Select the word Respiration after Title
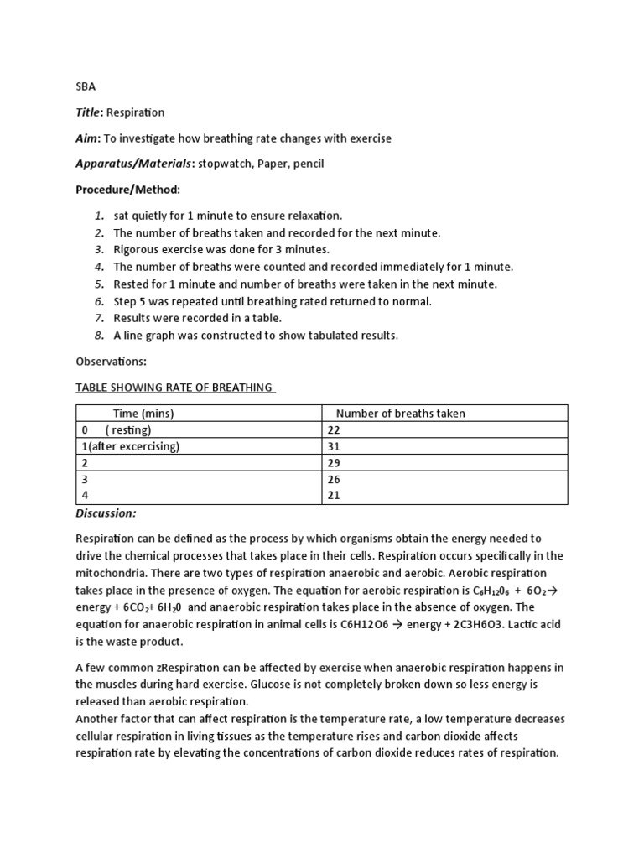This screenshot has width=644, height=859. (135, 112)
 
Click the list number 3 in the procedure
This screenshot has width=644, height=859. (98, 249)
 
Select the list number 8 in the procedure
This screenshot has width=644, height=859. (98, 336)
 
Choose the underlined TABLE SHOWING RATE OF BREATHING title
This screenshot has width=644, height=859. (174, 387)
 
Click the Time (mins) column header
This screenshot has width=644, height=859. (143, 413)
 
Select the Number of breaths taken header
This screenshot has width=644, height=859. (400, 413)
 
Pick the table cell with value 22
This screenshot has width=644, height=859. (335, 429)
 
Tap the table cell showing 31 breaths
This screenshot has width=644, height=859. (335, 446)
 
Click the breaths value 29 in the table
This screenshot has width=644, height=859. (335, 463)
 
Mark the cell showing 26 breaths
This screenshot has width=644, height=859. (335, 479)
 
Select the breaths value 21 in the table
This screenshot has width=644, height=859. (335, 496)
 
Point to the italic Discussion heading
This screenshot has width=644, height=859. (106, 513)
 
